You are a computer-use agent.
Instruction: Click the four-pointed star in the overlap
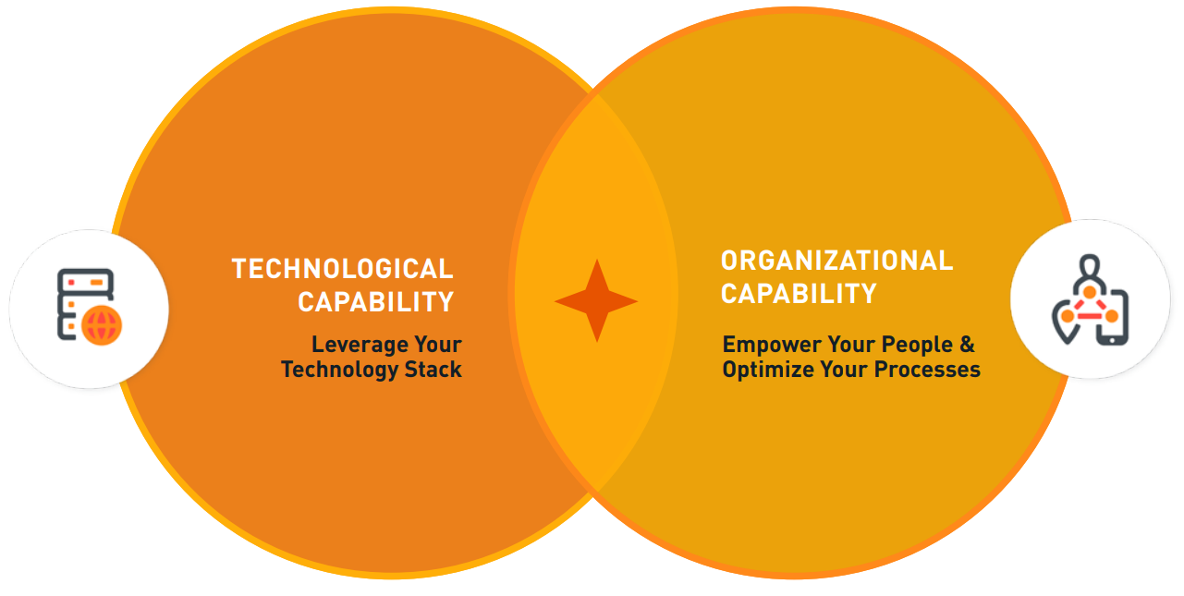coord(597,300)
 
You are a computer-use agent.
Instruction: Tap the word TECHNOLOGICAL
coord(343,269)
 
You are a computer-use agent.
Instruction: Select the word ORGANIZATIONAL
coord(836,261)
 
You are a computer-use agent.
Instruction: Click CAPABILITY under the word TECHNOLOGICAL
coord(376,302)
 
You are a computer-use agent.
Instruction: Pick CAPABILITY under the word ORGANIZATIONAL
coord(799,293)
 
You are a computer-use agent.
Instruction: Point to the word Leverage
coord(359,345)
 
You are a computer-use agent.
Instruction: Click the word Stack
coord(433,370)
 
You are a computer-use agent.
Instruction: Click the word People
coord(917,345)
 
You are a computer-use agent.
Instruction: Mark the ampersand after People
coord(968,345)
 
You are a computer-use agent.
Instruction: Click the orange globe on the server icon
coord(102,325)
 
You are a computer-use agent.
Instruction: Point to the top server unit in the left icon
coord(85,282)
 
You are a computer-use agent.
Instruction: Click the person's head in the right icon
coord(1090,264)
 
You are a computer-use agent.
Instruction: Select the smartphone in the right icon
coord(1114,318)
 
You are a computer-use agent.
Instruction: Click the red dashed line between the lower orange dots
coord(1090,316)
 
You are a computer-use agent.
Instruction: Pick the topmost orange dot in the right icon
coord(1090,292)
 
